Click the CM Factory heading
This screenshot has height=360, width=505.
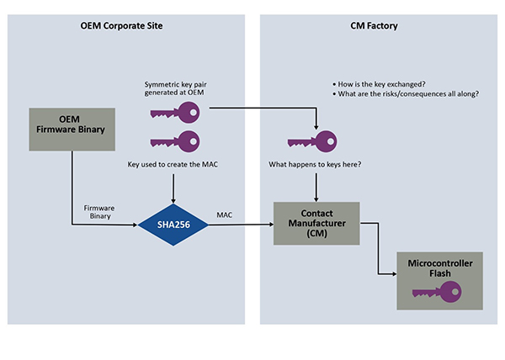[x=374, y=26]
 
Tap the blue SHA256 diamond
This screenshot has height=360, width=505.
[x=173, y=225]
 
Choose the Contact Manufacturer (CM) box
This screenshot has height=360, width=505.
[x=316, y=224]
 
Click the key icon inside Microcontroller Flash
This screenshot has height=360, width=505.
[x=437, y=290]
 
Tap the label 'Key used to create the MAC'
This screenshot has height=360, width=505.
[x=173, y=166]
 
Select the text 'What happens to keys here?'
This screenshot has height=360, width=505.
[x=315, y=163]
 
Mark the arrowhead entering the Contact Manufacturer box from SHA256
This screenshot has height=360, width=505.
[x=270, y=225]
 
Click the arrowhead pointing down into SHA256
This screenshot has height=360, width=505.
[x=173, y=200]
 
